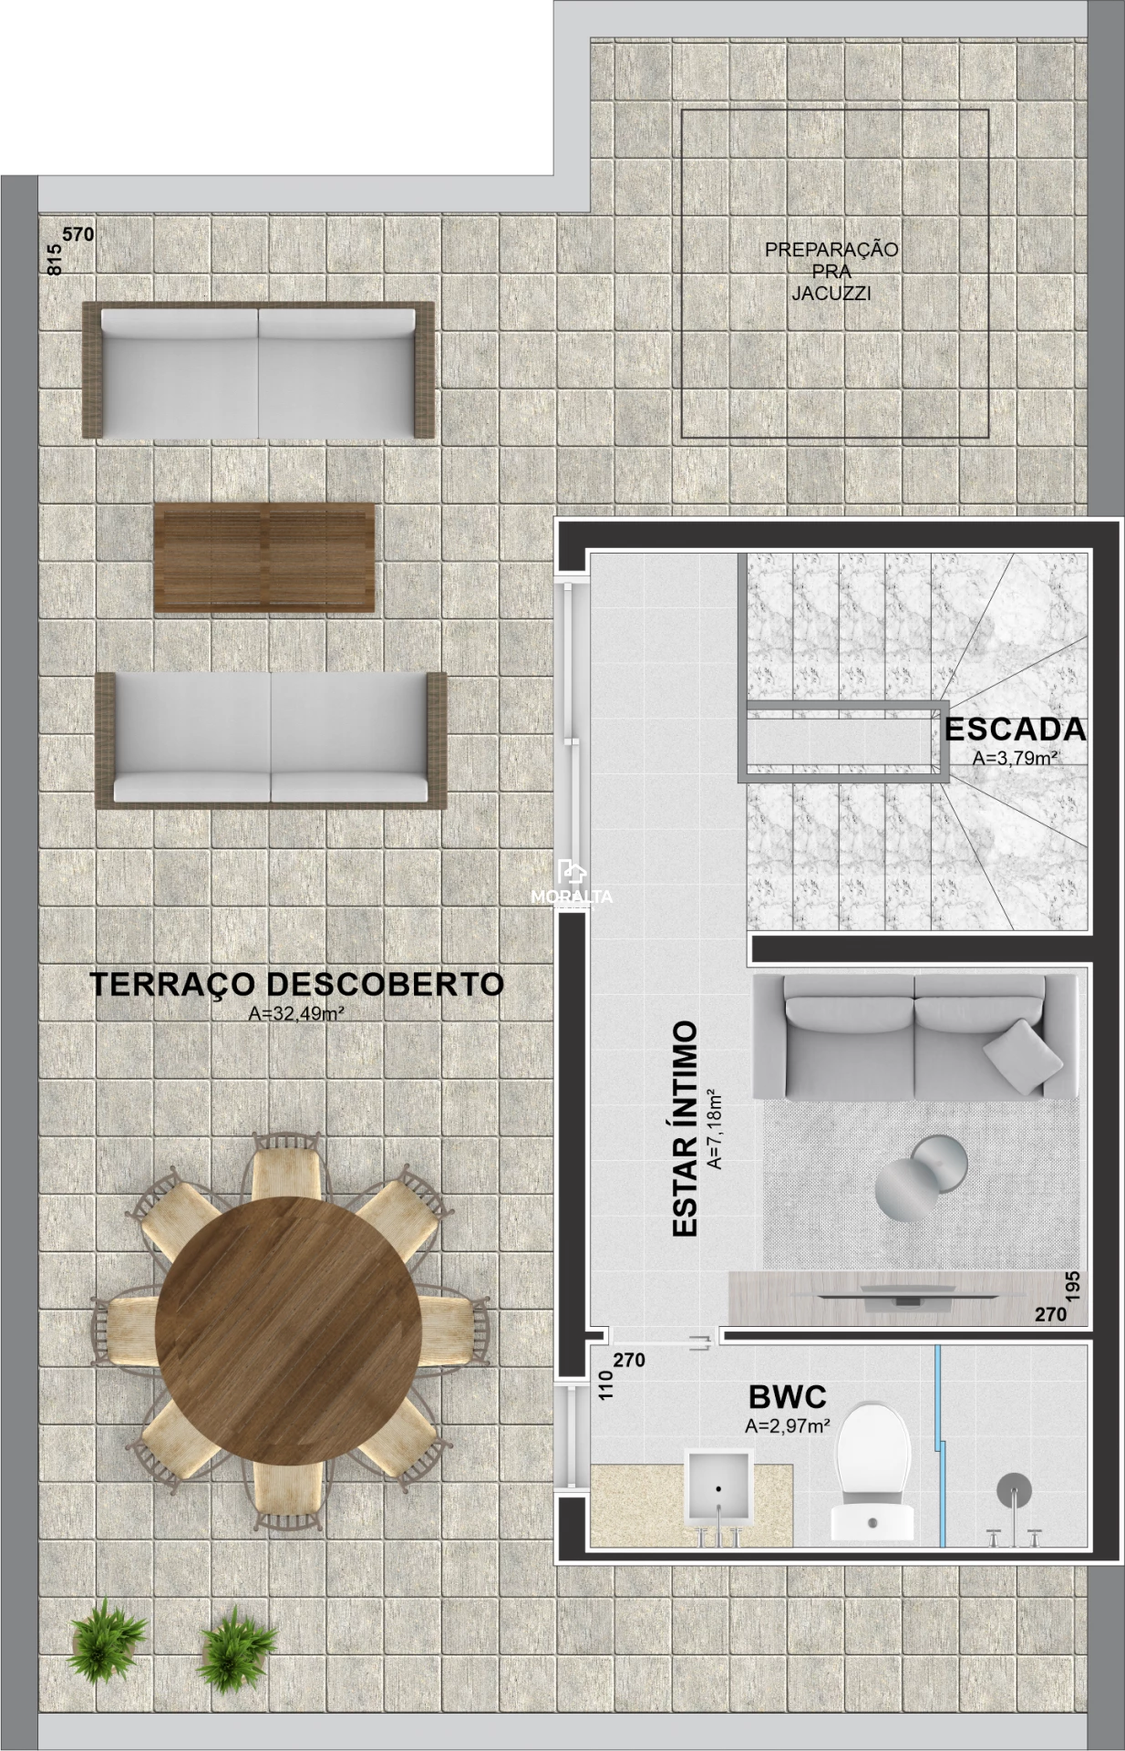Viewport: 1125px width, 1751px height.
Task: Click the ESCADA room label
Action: (1015, 730)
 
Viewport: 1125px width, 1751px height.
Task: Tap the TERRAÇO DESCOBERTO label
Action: (296, 984)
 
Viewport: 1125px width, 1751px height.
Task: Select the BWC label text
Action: (787, 1397)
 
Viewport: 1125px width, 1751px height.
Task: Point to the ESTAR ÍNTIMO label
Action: (685, 1129)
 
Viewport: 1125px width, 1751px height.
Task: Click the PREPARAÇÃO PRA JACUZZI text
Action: (831, 271)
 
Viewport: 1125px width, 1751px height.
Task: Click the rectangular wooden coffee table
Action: (264, 557)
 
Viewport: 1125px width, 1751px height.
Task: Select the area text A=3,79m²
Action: (1015, 757)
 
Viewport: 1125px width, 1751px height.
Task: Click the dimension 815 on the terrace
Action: (55, 261)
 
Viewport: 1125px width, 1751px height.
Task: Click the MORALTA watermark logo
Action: (572, 884)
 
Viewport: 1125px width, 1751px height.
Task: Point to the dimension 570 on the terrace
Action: (78, 234)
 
